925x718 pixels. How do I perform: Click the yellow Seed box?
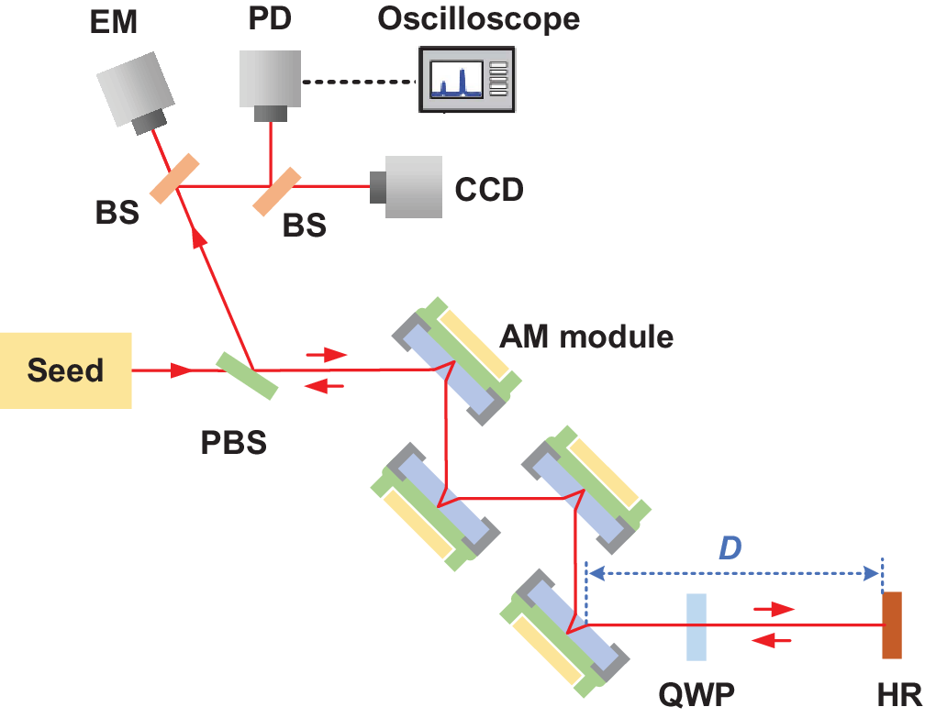[x=66, y=370]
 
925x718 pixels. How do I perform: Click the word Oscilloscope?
[x=479, y=18]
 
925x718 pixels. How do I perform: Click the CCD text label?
[x=489, y=190]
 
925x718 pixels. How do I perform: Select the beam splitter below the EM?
[x=175, y=178]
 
